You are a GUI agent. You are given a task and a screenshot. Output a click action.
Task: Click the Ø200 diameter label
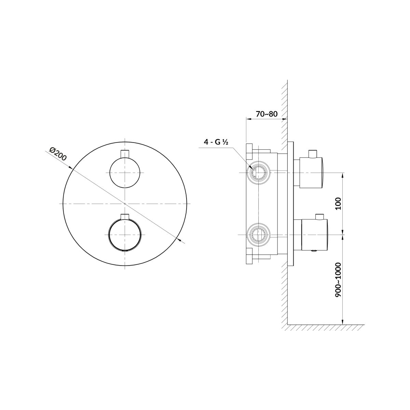point(58,154)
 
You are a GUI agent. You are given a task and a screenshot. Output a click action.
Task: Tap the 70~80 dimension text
point(266,114)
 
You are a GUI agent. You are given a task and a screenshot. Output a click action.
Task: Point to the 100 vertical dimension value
point(338,203)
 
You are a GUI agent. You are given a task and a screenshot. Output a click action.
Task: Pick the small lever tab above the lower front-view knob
point(125,216)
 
